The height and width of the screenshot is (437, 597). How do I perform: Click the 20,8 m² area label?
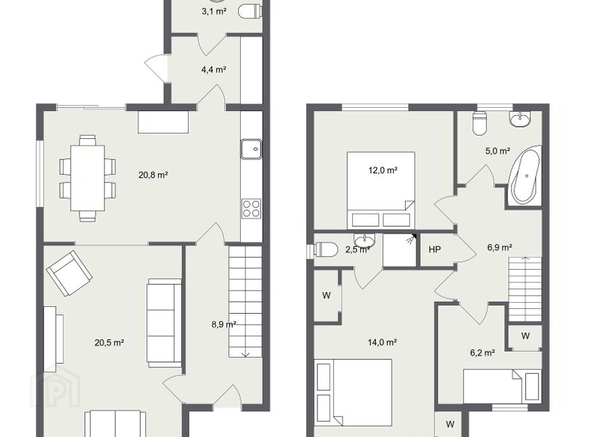pos(153,175)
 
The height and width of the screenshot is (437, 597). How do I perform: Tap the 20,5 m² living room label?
pos(109,343)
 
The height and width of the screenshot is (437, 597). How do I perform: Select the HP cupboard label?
pos(434,249)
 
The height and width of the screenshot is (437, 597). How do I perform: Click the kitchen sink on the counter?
pos(251,149)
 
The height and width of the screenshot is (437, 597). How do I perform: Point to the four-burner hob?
pos(251,209)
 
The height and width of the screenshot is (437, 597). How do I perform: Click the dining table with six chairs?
pos(88,178)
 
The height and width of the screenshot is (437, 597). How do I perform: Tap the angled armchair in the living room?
pos(69,272)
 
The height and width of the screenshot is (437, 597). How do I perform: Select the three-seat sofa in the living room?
pos(164,323)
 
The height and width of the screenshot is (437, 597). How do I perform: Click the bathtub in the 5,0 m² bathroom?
pos(525,176)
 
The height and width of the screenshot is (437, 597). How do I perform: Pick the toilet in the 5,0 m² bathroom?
pos(480,123)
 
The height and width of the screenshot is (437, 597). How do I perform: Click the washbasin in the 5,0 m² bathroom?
pos(520,119)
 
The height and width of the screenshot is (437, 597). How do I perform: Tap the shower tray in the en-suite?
pos(400,250)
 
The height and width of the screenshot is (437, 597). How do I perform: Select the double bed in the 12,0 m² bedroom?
pos(381,190)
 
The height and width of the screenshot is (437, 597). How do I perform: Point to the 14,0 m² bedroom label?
pos(382,342)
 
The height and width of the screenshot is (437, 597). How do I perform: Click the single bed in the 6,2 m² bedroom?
pos(501,386)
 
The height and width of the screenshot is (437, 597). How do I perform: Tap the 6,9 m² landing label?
pos(499,247)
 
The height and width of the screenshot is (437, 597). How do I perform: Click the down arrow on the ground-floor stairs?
pos(245,354)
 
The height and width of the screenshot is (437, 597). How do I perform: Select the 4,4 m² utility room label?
pos(214,70)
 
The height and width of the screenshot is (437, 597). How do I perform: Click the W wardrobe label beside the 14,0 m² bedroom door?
pos(326,295)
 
